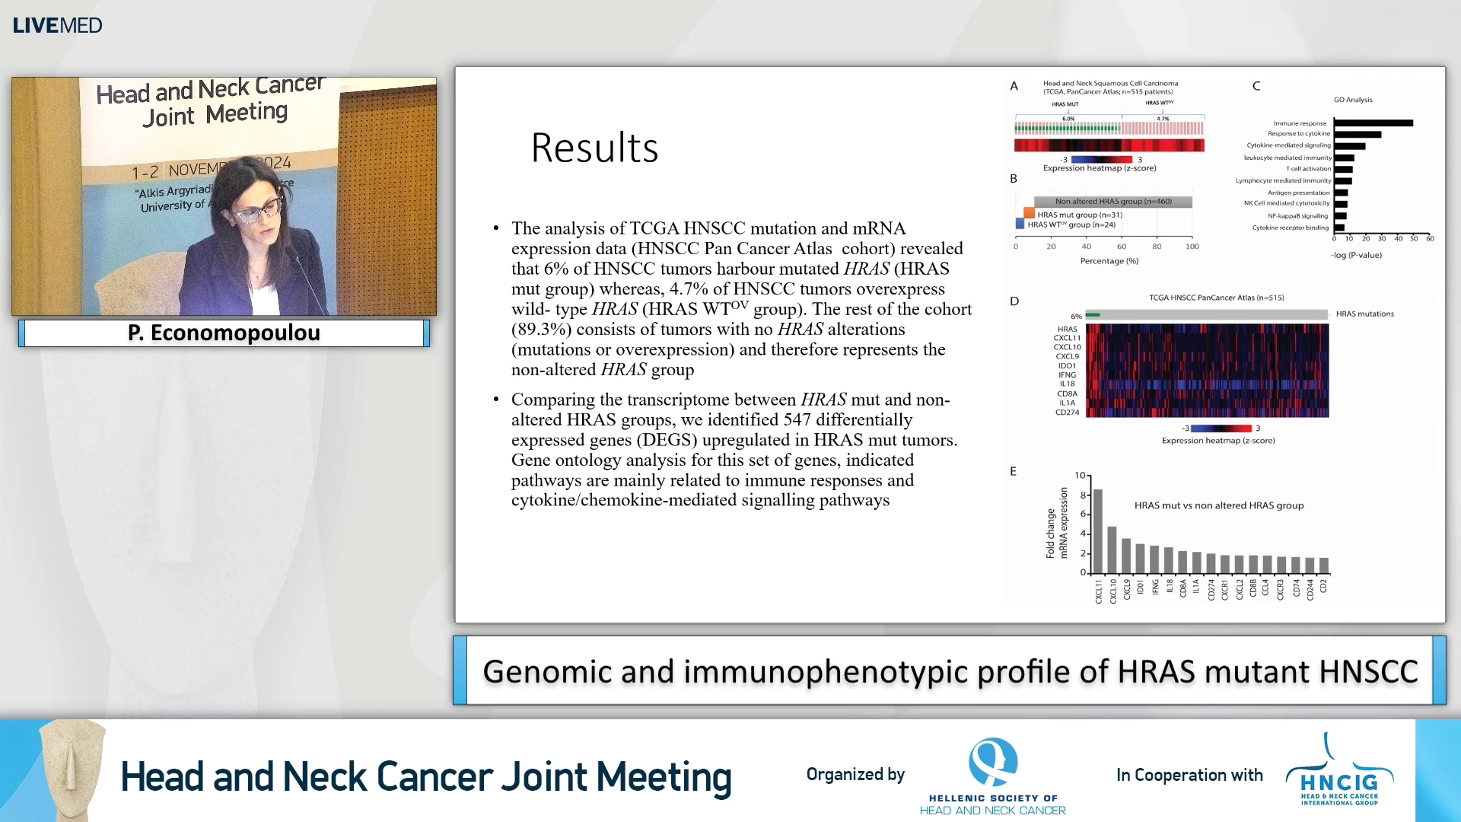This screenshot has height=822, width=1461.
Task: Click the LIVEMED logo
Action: pos(57,25)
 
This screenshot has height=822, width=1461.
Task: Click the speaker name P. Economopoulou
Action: pos(224,333)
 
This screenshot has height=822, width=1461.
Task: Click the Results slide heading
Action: pos(594,148)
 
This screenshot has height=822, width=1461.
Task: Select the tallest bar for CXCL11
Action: pos(1098,530)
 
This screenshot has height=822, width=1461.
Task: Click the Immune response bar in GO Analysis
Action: pos(1373,123)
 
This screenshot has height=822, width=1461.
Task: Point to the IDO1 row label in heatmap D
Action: pos(1067,365)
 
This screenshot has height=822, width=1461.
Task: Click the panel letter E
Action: pos(1013,471)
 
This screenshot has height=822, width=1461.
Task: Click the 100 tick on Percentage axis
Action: pos(1192,247)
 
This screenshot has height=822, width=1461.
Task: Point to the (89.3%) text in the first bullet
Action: pos(542,329)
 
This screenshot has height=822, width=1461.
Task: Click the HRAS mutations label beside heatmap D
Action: pos(1364,314)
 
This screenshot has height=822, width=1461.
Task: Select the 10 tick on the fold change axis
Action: pos(1080,475)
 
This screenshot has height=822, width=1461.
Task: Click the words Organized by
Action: pos(855,774)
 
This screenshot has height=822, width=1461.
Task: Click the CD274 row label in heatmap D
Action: pos(1067,413)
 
